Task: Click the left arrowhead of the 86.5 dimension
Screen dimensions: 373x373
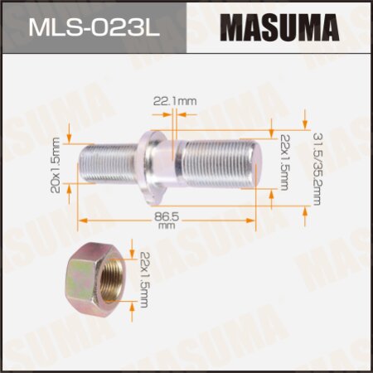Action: click(81, 220)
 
